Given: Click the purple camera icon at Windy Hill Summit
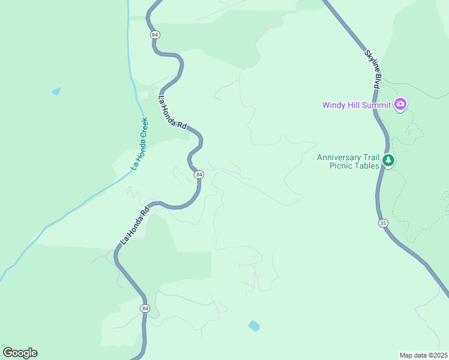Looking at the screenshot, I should (400, 105).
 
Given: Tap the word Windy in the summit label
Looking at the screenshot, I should (334, 105).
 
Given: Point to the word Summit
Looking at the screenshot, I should (376, 105).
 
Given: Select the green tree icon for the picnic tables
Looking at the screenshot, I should (389, 160).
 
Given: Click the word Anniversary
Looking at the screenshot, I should (340, 157).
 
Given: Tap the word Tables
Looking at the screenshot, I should (367, 166).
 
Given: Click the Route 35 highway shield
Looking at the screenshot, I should (383, 223).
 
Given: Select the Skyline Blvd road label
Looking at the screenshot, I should (372, 70).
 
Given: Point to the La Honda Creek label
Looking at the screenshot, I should (139, 143).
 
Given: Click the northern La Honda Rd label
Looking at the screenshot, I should (172, 112).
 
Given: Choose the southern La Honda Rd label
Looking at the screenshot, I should (134, 226).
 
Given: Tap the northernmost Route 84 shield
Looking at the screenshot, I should (155, 35).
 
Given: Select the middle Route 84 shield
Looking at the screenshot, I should (199, 174).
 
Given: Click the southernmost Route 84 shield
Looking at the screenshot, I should (145, 308).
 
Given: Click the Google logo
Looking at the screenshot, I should (20, 353).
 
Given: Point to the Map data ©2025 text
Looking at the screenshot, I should (423, 355).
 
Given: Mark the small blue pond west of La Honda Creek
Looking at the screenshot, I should (56, 91).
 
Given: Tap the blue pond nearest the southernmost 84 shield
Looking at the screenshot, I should (254, 326).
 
